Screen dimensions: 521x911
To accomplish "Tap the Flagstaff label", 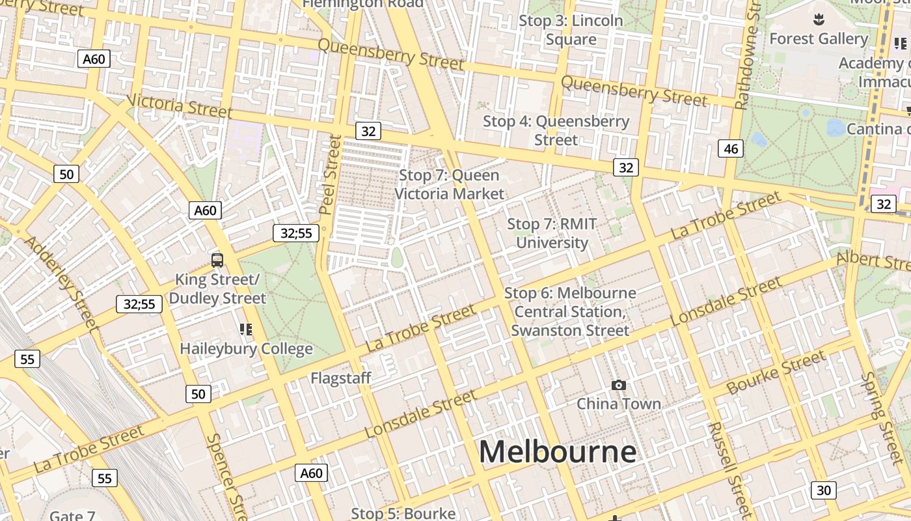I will coord(340,378).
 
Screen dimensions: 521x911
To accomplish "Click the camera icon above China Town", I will coord(619,386).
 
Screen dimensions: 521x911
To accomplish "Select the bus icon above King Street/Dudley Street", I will coord(217,260).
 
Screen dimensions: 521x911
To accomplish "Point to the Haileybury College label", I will coord(246,349).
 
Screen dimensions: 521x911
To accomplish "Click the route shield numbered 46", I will coord(731,148).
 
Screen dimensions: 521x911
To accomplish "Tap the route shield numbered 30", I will coord(823,490).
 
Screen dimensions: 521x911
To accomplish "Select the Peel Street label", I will coord(331,174).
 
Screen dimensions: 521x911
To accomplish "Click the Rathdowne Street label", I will coord(748,55).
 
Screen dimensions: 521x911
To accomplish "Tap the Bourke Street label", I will coord(776,373).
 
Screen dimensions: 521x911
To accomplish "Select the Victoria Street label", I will coord(180,106).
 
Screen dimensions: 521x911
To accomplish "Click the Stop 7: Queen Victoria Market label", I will coord(449,184).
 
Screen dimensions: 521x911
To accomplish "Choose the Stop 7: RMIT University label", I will coord(552,233).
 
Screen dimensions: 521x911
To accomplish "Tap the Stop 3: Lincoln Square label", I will coord(571,30).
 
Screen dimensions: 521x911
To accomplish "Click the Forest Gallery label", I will coord(818,39).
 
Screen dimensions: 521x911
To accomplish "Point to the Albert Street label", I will coord(873,260).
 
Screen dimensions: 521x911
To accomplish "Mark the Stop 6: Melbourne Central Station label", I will coord(570,312).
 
